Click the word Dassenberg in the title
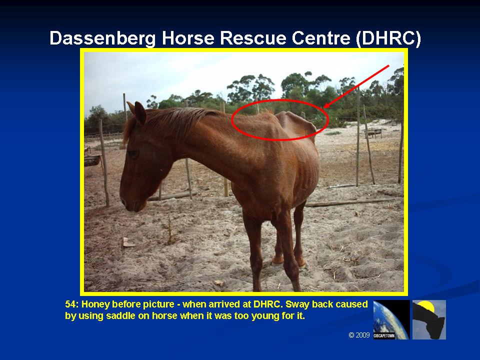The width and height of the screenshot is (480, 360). [102, 38]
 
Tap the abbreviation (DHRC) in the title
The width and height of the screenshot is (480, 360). [388, 38]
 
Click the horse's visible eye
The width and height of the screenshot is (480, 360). [133, 153]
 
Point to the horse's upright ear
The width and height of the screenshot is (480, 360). [140, 112]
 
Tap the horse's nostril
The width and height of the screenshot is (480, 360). [123, 201]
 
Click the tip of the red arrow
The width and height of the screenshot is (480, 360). [324, 108]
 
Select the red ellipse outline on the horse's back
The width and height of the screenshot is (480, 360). [280, 100]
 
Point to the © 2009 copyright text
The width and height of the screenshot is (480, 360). [359, 335]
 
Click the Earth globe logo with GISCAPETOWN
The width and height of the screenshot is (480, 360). [391, 319]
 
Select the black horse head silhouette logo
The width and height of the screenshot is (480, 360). [429, 319]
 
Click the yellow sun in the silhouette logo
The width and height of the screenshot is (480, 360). [426, 306]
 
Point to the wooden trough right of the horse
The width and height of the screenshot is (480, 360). [373, 132]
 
